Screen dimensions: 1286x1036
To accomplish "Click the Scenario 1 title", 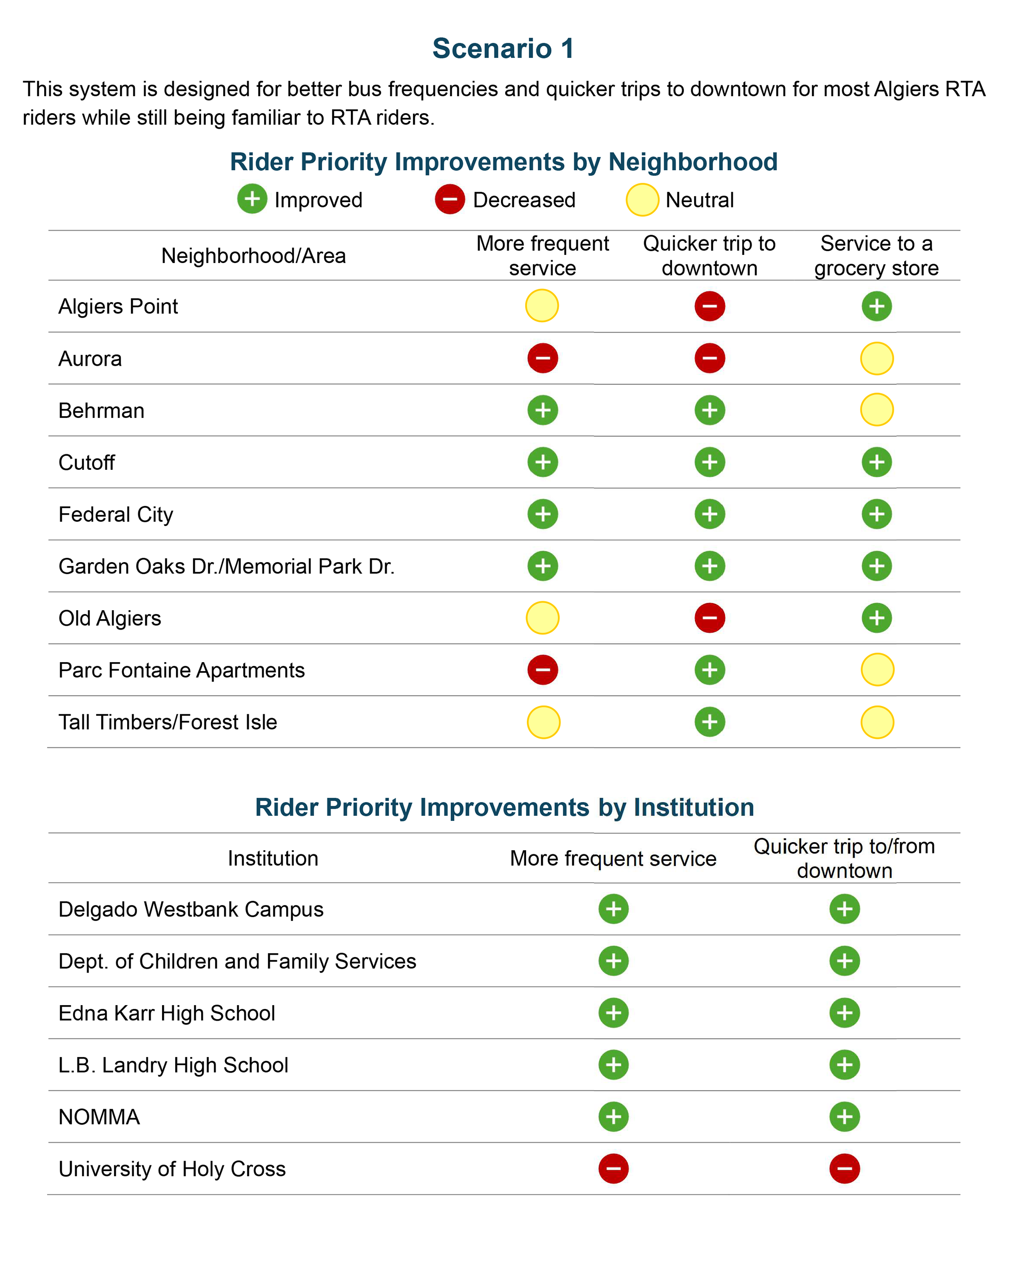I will point(503,49).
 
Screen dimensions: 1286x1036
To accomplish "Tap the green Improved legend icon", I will point(252,199).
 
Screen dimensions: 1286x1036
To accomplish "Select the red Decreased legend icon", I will point(449,199).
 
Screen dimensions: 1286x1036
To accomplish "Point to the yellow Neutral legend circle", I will point(642,200).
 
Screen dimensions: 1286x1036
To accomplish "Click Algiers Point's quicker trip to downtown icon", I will point(710,306).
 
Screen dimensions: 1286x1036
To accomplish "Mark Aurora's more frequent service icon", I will point(542,358).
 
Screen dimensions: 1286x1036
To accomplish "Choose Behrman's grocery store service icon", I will point(877,410).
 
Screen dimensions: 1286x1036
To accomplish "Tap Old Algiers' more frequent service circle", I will point(542,618).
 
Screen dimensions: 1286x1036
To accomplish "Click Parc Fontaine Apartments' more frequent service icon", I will point(542,670).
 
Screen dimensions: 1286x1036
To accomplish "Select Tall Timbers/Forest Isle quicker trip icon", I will point(710,722).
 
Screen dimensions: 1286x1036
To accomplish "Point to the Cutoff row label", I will point(87,463).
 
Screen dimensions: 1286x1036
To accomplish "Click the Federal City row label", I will point(116,515).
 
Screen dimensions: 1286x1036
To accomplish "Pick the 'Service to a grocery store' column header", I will point(876,255).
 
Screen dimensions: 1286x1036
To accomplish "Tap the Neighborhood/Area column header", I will point(254,255).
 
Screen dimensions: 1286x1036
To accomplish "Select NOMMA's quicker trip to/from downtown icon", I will point(844,1116).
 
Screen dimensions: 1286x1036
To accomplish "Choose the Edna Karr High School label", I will point(167,1013).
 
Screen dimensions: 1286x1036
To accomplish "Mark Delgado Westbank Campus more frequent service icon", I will point(614,909).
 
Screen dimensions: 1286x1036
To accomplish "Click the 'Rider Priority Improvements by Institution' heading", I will point(504,807).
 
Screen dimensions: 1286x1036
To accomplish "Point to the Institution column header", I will point(273,859).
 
